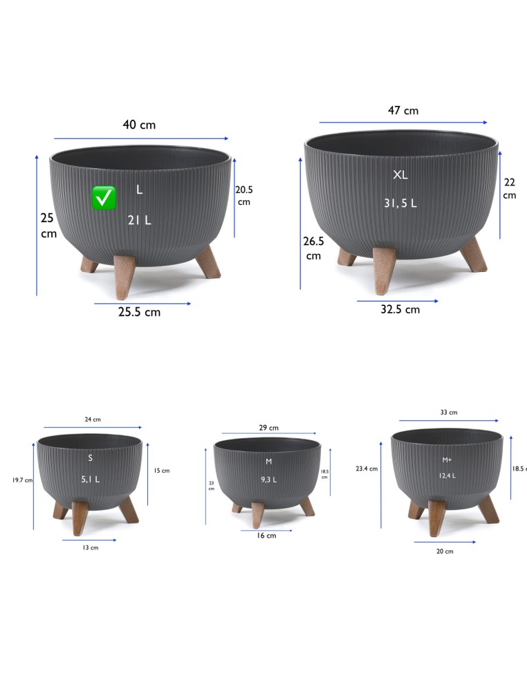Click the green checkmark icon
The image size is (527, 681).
[104, 198]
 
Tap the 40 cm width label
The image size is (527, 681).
[139, 125]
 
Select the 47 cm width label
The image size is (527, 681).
[403, 110]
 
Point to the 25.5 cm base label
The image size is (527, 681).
[139, 312]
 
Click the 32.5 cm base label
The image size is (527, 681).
[400, 309]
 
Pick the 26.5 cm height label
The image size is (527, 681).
[313, 248]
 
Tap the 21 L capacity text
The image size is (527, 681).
[139, 220]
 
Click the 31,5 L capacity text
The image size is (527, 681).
[400, 203]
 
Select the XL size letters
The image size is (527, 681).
[400, 174]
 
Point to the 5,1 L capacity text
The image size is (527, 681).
[91, 480]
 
